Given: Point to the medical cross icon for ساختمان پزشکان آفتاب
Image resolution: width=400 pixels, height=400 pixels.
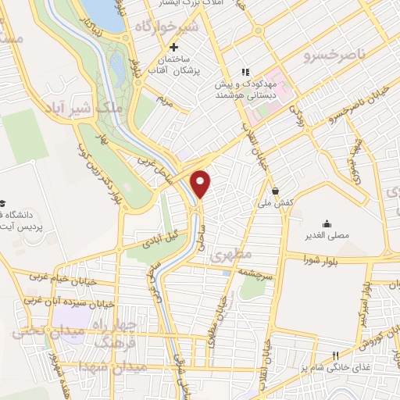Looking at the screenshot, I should click(184, 48).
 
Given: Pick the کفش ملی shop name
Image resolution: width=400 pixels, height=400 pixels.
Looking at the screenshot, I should click(278, 202).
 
